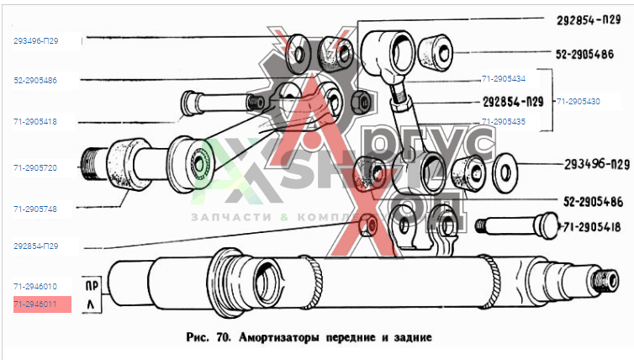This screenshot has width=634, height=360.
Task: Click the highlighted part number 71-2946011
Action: (x=34, y=304)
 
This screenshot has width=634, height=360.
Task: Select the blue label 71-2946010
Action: (x=34, y=287)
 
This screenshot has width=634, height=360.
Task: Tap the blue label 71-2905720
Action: (x=34, y=168)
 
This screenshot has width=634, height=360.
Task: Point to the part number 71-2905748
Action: (x=34, y=208)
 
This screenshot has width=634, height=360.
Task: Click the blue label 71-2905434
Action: (x=504, y=79)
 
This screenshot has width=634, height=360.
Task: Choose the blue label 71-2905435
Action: (x=504, y=121)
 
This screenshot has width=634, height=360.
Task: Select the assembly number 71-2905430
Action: (x=578, y=100)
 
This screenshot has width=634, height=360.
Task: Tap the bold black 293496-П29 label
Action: (x=584, y=164)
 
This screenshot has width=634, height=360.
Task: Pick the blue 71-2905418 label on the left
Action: (x=34, y=122)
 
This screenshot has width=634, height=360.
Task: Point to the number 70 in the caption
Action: (x=225, y=338)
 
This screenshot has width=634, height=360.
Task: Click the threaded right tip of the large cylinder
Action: (x=604, y=280)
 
